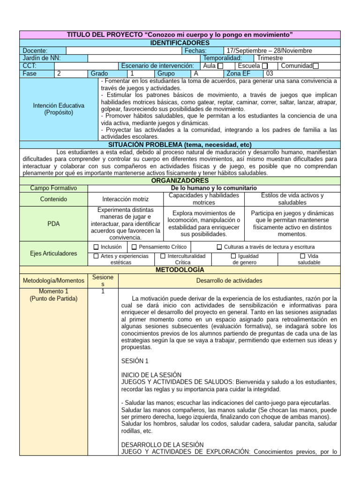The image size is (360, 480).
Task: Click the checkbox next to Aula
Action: pyautogui.click(x=220, y=66)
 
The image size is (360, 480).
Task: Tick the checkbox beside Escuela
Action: pyautogui.click(x=265, y=66)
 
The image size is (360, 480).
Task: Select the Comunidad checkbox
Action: pyautogui.click(x=315, y=66)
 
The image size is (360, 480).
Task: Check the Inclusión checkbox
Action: pyautogui.click(x=96, y=247)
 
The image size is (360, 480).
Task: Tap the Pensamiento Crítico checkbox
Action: pyautogui.click(x=134, y=247)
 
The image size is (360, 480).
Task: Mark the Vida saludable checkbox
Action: pyautogui.click(x=302, y=256)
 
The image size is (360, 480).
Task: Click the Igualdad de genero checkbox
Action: pyautogui.click(x=233, y=256)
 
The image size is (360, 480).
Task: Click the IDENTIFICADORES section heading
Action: pyautogui.click(x=180, y=43)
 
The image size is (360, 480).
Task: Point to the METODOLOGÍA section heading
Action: pyautogui.click(x=180, y=270)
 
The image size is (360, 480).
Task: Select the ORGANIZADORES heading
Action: pyautogui.click(x=180, y=180)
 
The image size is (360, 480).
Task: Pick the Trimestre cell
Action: pyautogui.click(x=270, y=58)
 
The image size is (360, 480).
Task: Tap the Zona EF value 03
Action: pyautogui.click(x=270, y=74)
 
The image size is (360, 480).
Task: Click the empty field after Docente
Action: pyautogui.click(x=123, y=51)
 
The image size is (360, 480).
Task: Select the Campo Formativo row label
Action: pyautogui.click(x=53, y=188)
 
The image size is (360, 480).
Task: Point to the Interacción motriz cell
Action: pyautogui.click(x=125, y=199)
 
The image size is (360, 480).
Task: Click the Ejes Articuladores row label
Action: pyautogui.click(x=53, y=253)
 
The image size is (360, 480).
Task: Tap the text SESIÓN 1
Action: pyautogui.click(x=135, y=361)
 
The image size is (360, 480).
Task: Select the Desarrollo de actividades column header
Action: pyautogui.click(x=230, y=281)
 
